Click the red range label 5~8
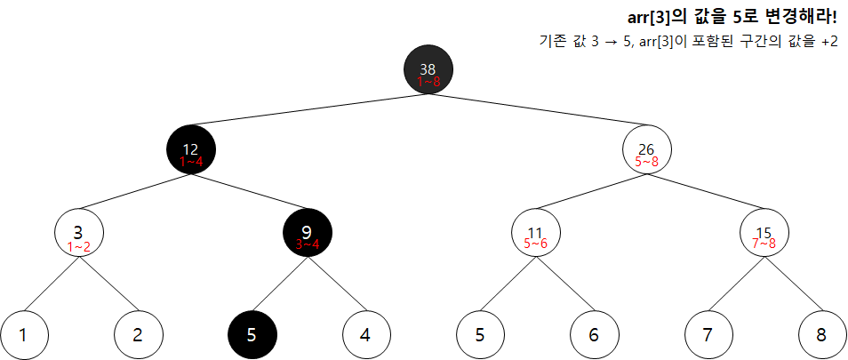[647, 162]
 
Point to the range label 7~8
[764, 243]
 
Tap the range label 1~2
[79, 247]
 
